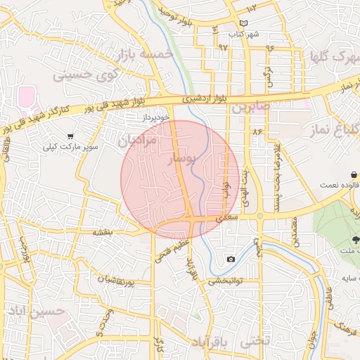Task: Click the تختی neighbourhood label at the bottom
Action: pyautogui.click(x=255, y=342)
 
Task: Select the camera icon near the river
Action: pyautogui.click(x=231, y=259)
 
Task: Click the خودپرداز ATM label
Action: pyautogui.click(x=155, y=117)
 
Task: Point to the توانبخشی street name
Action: pyautogui.click(x=225, y=280)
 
